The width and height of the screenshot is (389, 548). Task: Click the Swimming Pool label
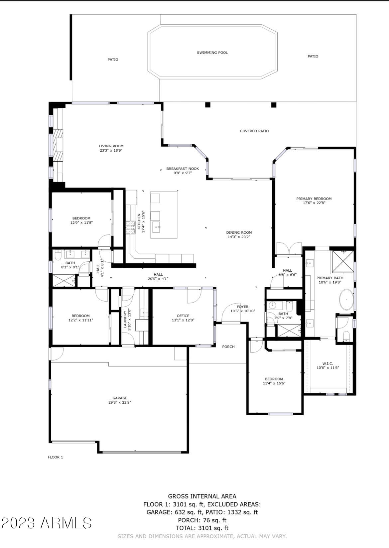click(x=212, y=53)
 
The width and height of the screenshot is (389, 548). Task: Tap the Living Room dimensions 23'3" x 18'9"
click(x=111, y=150)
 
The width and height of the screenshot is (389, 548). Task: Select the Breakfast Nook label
click(x=183, y=169)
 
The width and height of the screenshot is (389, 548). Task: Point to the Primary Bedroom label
click(x=314, y=199)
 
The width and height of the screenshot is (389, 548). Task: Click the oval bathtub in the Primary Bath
click(x=346, y=300)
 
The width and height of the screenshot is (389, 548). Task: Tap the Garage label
click(x=120, y=398)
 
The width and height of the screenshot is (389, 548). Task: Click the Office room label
click(x=183, y=316)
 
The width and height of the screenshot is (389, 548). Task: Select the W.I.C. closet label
click(x=327, y=363)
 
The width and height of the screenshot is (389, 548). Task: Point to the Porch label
click(x=228, y=346)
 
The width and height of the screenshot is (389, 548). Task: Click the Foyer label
click(x=242, y=307)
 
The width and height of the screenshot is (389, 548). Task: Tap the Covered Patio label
click(x=254, y=131)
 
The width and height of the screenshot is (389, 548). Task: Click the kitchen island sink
click(x=156, y=228)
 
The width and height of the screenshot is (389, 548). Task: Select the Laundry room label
click(x=125, y=319)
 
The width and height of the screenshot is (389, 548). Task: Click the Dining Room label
click(x=239, y=232)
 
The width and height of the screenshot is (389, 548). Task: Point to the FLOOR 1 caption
click(x=56, y=457)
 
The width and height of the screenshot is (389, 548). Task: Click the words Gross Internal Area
click(x=202, y=496)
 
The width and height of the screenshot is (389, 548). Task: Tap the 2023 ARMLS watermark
click(x=46, y=523)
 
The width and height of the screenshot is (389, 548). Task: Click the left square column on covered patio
click(x=208, y=105)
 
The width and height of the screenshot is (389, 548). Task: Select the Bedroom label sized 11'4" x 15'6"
click(x=274, y=379)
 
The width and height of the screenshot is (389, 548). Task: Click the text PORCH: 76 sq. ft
click(x=202, y=520)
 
